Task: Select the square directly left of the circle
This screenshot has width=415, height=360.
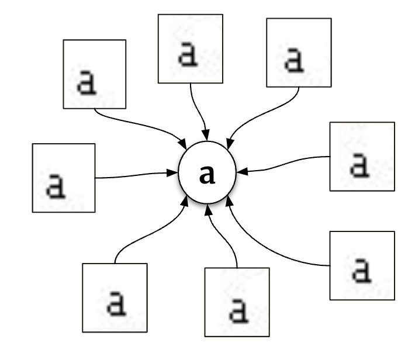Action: [64, 178]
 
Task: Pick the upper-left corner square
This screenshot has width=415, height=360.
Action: [95, 74]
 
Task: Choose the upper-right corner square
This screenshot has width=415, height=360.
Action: [299, 53]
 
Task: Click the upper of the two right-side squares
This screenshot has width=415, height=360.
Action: [362, 156]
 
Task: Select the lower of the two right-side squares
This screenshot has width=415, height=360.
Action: [362, 266]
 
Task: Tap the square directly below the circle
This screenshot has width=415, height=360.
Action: [237, 302]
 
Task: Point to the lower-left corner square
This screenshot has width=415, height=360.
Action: [115, 297]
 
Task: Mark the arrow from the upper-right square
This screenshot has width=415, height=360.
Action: [257, 117]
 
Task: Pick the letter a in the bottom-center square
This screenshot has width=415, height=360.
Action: [237, 309]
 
